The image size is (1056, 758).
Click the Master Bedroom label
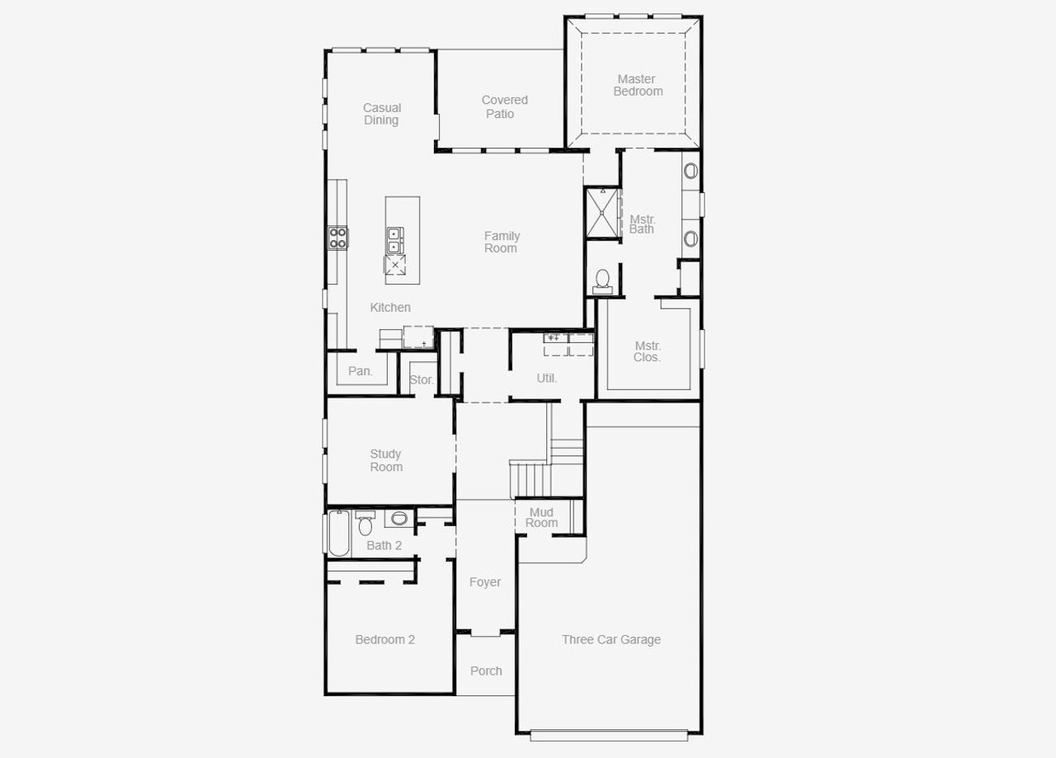pos(638,85)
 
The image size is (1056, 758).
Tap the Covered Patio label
pos(504,107)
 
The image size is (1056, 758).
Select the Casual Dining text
pos(382,114)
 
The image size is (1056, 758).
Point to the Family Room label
pos(502,242)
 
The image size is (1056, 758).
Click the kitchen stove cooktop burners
pos(338,238)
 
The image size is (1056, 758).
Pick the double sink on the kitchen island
pos(394,240)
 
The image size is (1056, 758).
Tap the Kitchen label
pos(390,307)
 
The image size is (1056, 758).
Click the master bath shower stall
pos(602,213)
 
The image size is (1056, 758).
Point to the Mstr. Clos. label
pos(648,351)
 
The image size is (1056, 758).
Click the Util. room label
pos(547,378)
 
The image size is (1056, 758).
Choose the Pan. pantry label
pos(361,371)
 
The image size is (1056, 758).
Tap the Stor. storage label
pos(422,379)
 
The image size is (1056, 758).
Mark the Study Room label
pos(386,460)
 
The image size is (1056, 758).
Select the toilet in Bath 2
pos(365,524)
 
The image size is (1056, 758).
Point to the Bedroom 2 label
pos(385,639)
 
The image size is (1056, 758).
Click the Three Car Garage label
pos(611,639)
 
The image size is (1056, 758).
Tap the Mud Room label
pos(542,517)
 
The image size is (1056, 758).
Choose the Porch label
pos(486,671)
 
